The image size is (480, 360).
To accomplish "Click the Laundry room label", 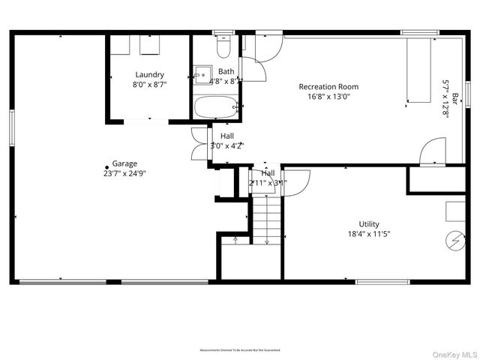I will [x=150, y=74].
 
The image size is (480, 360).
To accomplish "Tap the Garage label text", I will [x=124, y=163].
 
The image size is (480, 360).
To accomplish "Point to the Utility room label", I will [x=368, y=223].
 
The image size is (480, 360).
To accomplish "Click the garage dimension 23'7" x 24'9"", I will [x=124, y=172].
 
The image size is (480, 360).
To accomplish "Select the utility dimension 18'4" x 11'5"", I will [x=368, y=233].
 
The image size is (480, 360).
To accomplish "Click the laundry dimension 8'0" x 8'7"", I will [x=150, y=84].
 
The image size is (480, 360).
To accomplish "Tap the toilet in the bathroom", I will [x=223, y=49].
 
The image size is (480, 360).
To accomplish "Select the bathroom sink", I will [x=202, y=73].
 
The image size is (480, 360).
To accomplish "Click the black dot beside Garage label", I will [x=106, y=167].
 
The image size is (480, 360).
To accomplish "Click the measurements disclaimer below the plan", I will [x=240, y=350].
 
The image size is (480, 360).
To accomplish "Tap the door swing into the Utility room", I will [x=298, y=182].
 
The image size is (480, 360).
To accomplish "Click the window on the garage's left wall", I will [x=11, y=125].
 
